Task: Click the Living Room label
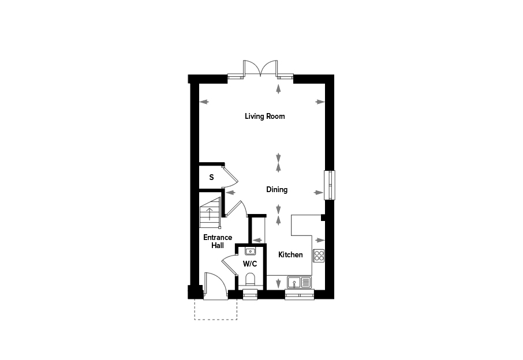265,117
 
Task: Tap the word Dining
277,190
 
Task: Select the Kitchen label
290,254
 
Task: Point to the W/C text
250,264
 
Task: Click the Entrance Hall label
218,241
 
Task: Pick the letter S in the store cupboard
211,177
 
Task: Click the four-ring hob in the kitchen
319,256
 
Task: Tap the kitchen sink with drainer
299,282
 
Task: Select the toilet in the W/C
250,280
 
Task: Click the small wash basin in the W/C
250,252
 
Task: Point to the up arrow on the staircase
210,214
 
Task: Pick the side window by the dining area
330,185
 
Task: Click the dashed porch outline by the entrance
216,320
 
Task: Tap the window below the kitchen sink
300,295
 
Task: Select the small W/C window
250,295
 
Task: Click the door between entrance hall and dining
236,208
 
